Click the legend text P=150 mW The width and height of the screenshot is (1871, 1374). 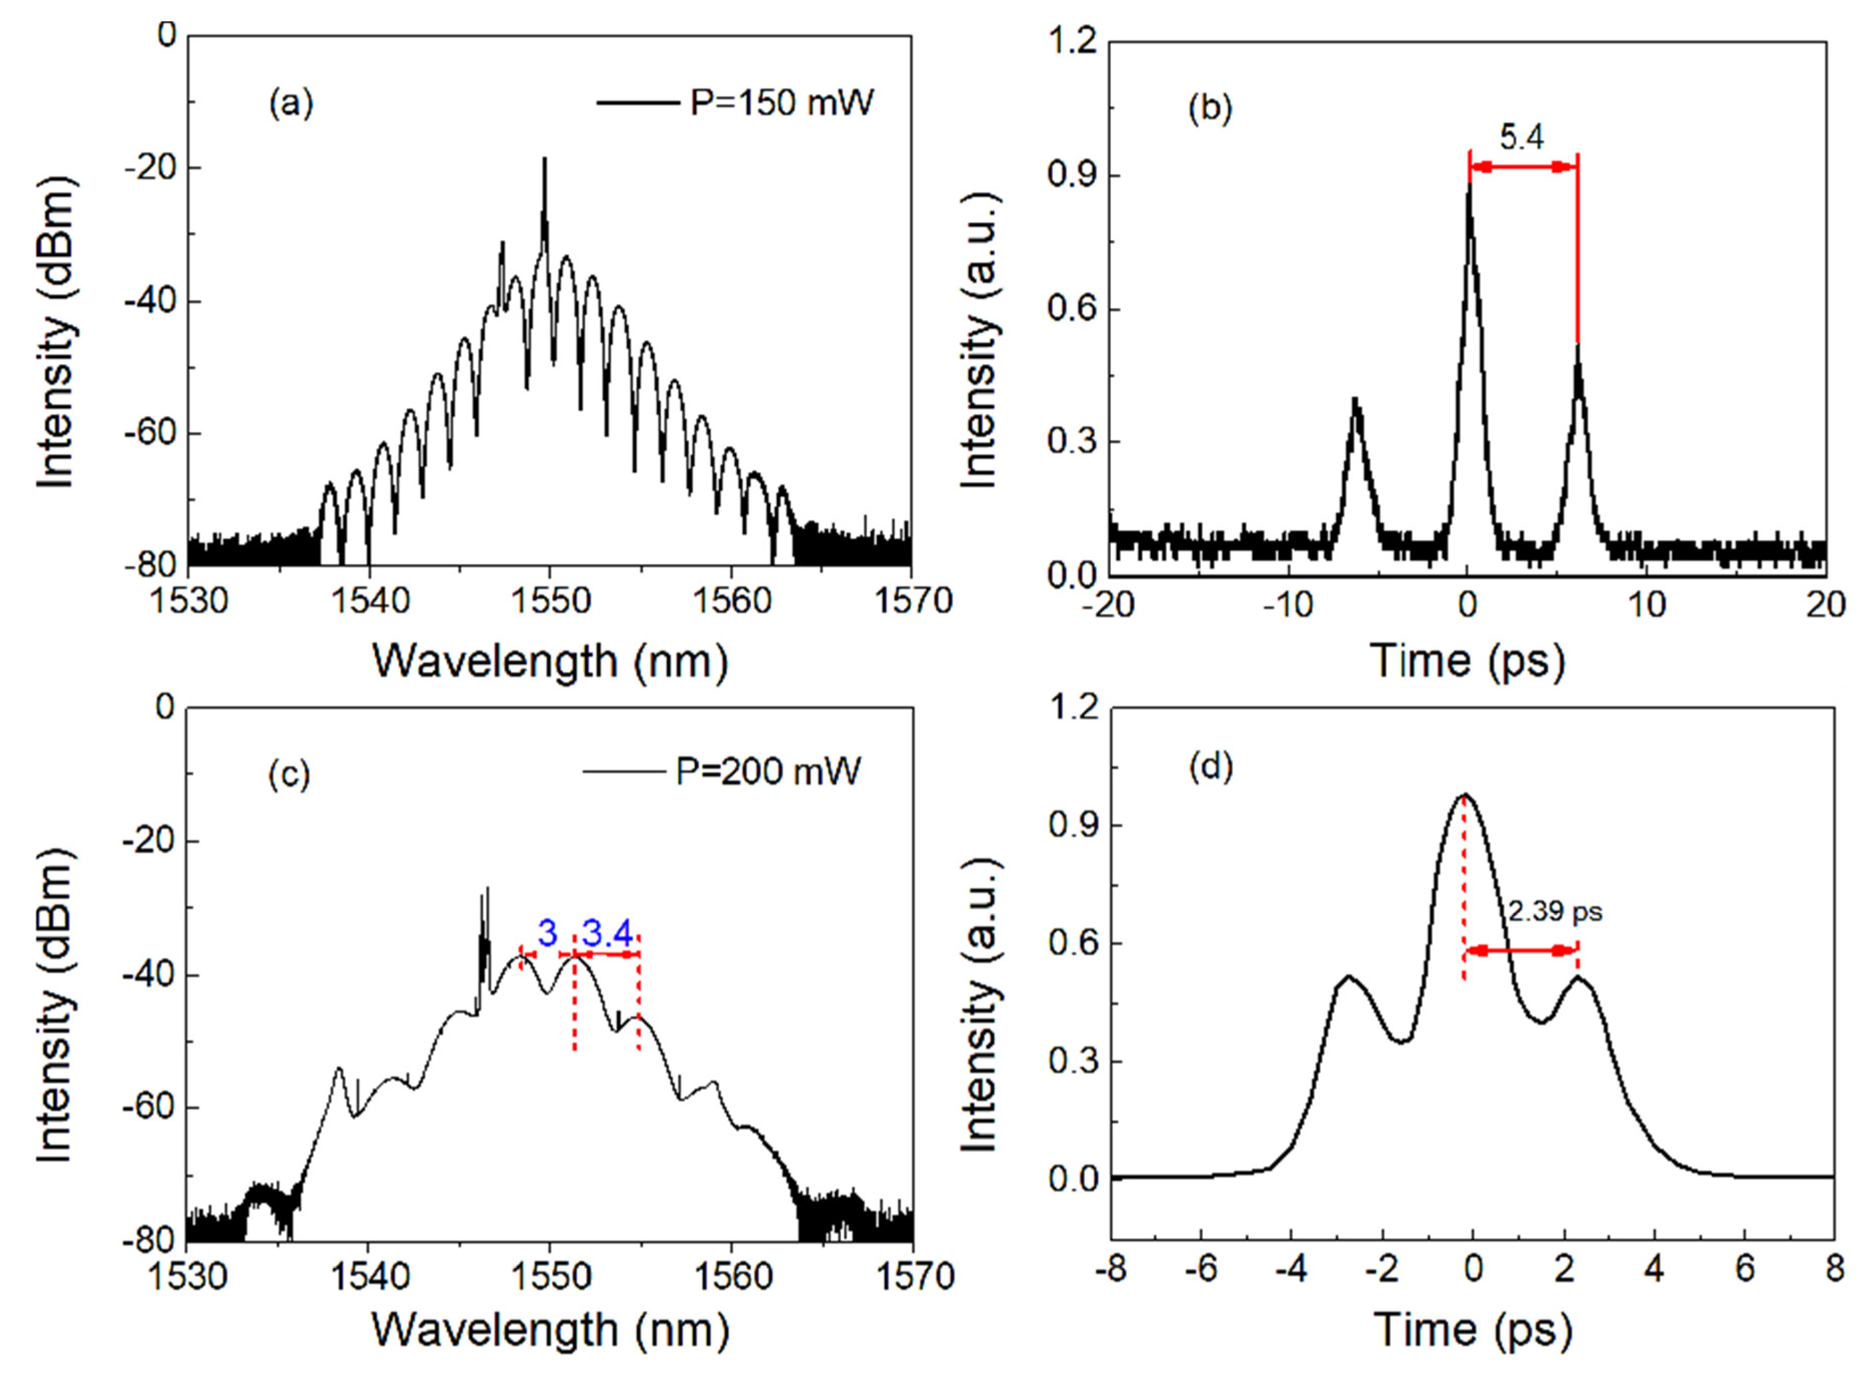click(x=782, y=103)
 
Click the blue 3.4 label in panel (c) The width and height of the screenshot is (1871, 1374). click(x=607, y=935)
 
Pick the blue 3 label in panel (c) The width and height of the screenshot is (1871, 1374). click(x=546, y=934)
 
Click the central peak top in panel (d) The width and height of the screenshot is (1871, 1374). click(x=1465, y=794)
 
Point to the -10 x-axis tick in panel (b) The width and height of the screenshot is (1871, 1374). click(x=1287, y=605)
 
